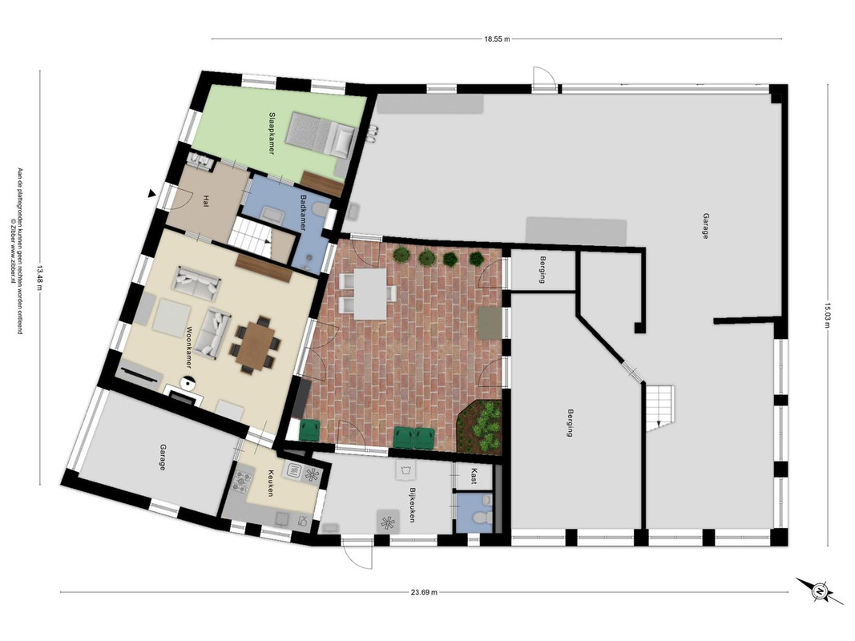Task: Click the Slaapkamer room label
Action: (272, 134)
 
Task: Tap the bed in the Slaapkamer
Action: (321, 134)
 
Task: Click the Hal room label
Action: (206, 201)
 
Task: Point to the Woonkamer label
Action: (190, 347)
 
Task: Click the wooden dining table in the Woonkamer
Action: (255, 344)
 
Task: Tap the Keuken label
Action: (270, 483)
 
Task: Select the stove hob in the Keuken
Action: (242, 481)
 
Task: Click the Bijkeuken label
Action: (413, 505)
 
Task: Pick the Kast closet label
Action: (474, 476)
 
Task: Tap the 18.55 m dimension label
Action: (497, 38)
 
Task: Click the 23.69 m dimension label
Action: (424, 592)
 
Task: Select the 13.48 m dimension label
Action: (39, 278)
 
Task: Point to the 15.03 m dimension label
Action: (827, 316)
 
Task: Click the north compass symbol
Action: (819, 591)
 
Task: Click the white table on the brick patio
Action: (370, 294)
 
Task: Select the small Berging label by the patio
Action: (542, 270)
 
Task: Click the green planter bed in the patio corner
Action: (480, 426)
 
